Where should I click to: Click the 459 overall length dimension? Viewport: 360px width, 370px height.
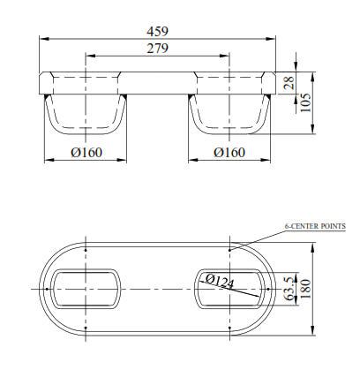(x=159, y=30)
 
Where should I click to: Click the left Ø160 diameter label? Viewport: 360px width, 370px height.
(x=86, y=152)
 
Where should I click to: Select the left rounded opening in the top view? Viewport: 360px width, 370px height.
(x=86, y=289)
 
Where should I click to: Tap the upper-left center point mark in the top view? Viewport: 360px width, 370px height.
(x=86, y=250)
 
